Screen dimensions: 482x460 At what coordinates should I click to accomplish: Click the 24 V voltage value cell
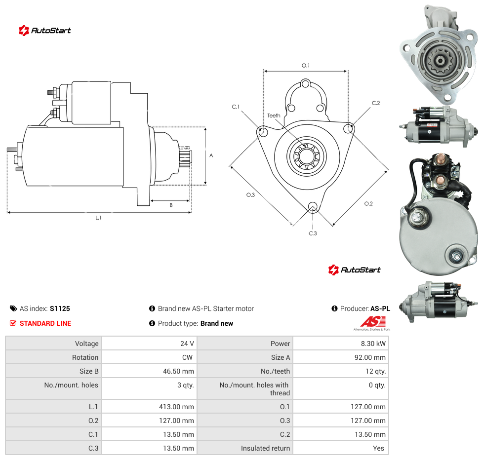pyautogui.click(x=187, y=344)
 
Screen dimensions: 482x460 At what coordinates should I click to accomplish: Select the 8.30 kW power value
pyautogui.click(x=373, y=344)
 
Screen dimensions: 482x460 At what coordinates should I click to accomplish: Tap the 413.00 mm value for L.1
pyautogui.click(x=176, y=407)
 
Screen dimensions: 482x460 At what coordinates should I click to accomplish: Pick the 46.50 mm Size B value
pyautogui.click(x=178, y=371)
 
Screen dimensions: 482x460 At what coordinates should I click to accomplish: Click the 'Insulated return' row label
pyautogui.click(x=265, y=448)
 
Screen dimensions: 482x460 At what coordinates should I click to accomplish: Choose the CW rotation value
pyautogui.click(x=187, y=357)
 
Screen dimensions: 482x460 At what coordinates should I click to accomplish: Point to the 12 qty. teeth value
pyautogui.click(x=375, y=371)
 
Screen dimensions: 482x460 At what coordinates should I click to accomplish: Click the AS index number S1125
pyautogui.click(x=60, y=308)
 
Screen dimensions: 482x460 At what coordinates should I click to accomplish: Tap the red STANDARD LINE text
pyautogui.click(x=45, y=323)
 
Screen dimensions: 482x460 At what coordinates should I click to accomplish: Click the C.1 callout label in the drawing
pyautogui.click(x=236, y=107)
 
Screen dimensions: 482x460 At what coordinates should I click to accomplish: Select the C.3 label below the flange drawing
pyautogui.click(x=313, y=233)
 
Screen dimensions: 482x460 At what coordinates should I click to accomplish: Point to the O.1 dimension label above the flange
pyautogui.click(x=306, y=66)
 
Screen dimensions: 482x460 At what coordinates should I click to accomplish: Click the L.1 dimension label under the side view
pyautogui.click(x=98, y=218)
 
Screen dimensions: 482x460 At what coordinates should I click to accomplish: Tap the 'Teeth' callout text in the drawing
pyautogui.click(x=274, y=115)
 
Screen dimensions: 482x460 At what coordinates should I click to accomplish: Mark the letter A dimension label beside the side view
pyautogui.click(x=211, y=155)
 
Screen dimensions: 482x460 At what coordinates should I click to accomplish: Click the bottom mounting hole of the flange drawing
pyautogui.click(x=313, y=206)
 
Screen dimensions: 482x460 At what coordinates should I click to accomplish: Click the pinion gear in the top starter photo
pyautogui.click(x=440, y=61)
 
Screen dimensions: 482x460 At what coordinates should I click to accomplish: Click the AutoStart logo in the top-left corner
pyautogui.click(x=44, y=31)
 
